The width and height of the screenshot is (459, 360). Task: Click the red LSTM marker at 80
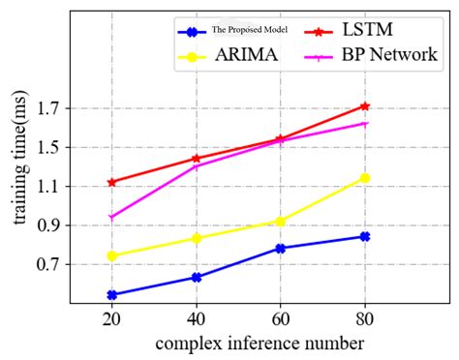(364, 106)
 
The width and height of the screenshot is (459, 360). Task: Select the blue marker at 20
(111, 294)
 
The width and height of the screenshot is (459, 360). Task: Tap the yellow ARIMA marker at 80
(364, 178)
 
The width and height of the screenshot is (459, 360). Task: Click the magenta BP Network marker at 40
(196, 166)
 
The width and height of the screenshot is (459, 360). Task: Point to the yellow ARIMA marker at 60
(280, 222)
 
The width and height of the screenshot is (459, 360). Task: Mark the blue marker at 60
(280, 249)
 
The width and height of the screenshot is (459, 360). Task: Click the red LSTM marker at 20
(111, 182)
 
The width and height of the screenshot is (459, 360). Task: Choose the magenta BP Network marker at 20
(111, 218)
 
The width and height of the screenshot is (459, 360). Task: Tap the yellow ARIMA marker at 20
(111, 256)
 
